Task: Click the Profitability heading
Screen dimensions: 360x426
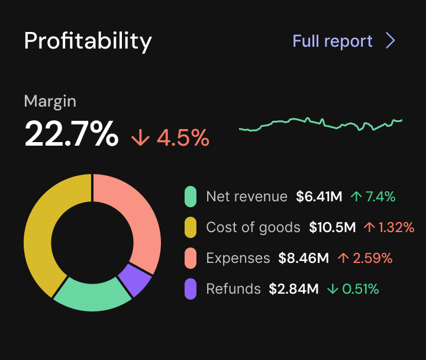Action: click(88, 41)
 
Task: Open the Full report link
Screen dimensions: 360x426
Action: click(333, 41)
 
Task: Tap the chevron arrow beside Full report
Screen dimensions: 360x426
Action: click(390, 41)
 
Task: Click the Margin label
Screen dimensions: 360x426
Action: click(50, 101)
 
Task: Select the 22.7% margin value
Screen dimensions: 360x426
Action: click(71, 134)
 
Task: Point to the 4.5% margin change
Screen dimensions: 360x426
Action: click(171, 137)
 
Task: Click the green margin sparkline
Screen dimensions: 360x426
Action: click(320, 124)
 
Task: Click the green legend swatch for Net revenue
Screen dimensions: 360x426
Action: click(191, 197)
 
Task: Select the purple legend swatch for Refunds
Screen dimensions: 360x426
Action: click(191, 289)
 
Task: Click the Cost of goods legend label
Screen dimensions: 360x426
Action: click(253, 227)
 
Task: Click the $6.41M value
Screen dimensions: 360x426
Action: click(319, 197)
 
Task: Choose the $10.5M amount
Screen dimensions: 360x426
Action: click(332, 227)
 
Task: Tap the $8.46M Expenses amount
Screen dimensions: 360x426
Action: click(304, 258)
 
